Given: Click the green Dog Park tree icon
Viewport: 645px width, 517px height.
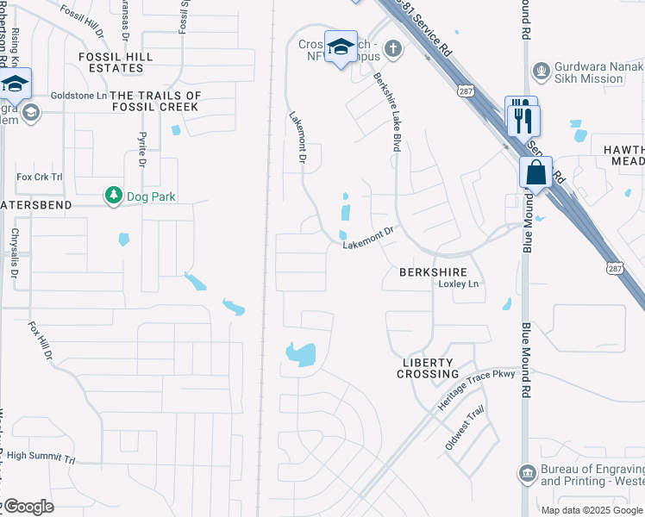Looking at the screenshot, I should click(113, 196).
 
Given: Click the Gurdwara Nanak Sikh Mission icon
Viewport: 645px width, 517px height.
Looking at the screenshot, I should click(541, 70).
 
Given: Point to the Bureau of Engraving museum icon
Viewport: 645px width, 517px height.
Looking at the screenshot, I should click(527, 473).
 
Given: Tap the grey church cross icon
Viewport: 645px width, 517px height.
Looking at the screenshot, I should click(393, 48).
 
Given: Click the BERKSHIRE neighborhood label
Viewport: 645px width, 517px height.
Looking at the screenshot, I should click(433, 271).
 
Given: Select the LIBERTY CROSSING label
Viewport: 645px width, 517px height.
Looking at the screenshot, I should click(428, 368).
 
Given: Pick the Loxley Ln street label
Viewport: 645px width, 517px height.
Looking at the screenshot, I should click(458, 283).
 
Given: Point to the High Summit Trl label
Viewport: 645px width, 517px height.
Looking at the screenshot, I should click(41, 456).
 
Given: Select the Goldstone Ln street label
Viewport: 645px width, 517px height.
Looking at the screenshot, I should click(78, 96).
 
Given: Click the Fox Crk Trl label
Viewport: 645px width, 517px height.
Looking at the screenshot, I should click(41, 178).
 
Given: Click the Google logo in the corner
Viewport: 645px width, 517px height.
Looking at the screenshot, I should click(28, 507).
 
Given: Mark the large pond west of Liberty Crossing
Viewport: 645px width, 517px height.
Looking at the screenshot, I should click(300, 354).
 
